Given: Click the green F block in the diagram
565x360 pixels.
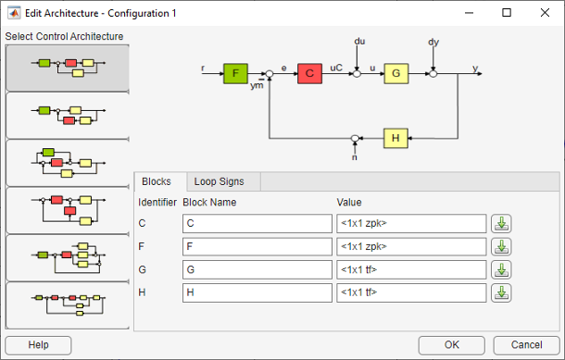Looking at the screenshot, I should click(x=237, y=74).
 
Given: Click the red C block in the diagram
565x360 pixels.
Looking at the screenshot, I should click(x=309, y=74).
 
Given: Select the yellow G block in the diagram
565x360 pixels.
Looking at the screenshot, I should click(x=396, y=74).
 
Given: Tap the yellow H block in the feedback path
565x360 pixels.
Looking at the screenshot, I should click(x=396, y=138).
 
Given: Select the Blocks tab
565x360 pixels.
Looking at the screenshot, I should click(x=159, y=181).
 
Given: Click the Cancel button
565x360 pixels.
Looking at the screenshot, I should click(x=525, y=344).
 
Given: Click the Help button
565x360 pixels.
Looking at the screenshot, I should click(x=38, y=344).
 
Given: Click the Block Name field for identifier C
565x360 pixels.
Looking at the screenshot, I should click(x=257, y=223).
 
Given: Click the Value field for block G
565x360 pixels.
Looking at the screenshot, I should click(x=411, y=269).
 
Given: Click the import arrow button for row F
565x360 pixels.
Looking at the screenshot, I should click(x=501, y=246).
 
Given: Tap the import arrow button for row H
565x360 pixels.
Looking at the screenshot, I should click(x=501, y=292).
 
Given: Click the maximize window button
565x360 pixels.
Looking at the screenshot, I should click(x=506, y=13).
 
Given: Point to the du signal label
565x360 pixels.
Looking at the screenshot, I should click(x=360, y=42).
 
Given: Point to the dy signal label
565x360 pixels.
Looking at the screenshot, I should click(x=433, y=42).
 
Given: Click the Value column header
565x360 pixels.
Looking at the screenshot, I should click(x=349, y=202).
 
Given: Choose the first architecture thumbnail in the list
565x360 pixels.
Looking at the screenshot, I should click(x=67, y=67).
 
